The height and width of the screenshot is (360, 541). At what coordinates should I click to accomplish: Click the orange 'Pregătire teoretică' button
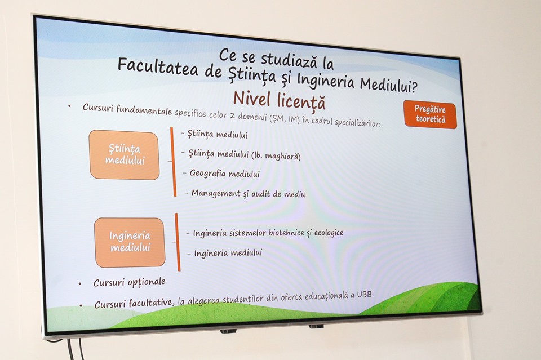430,114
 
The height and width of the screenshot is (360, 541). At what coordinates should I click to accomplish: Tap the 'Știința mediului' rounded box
124,155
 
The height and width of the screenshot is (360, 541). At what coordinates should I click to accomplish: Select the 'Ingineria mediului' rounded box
130,242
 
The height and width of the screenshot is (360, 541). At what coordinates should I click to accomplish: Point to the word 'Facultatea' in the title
158,68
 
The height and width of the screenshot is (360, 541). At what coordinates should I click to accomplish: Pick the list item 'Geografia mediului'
225,173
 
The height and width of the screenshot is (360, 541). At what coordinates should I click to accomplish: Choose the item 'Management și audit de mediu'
249,193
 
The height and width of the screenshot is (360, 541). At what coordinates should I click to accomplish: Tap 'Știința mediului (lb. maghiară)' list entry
245,155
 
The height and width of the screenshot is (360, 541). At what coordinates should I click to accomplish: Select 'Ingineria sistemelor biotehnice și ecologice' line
268,233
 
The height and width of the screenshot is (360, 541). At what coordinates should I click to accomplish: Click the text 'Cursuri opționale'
130,282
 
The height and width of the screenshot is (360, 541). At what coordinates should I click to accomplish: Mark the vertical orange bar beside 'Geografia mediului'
173,162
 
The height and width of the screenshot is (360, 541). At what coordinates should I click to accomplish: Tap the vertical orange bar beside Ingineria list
178,242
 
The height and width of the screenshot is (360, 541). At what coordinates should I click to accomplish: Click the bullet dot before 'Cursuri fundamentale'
69,106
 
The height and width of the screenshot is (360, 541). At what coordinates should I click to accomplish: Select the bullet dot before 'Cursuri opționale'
80,284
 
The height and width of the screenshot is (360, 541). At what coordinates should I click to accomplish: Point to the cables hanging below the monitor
75,349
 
